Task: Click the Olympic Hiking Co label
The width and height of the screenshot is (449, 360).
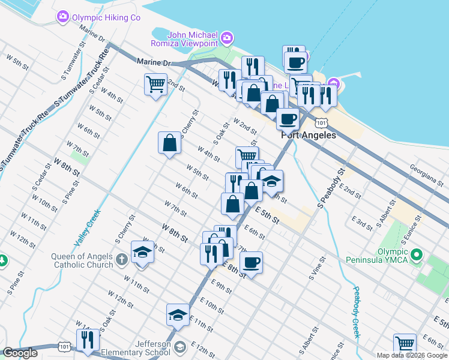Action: pyautogui.click(x=106, y=17)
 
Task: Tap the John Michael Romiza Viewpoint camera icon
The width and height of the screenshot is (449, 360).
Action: pyautogui.click(x=226, y=39)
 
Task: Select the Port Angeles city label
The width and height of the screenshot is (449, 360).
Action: pyautogui.click(x=309, y=136)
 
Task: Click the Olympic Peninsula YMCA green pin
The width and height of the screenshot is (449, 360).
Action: pyautogui.click(x=417, y=255)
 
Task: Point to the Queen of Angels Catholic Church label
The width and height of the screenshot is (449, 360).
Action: pyautogui.click(x=82, y=260)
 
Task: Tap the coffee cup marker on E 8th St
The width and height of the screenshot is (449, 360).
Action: pyautogui.click(x=251, y=262)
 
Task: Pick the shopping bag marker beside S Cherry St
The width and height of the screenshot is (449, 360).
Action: pyautogui.click(x=169, y=143)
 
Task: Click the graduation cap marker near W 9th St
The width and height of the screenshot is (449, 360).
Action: pyautogui.click(x=143, y=251)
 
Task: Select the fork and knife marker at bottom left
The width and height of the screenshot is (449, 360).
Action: pyautogui.click(x=88, y=340)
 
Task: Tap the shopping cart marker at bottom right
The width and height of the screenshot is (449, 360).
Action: pyautogui.click(x=405, y=344)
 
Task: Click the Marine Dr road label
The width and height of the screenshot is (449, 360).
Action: pyautogui.click(x=154, y=62)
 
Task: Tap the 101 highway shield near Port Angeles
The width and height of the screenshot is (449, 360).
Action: pyautogui.click(x=322, y=123)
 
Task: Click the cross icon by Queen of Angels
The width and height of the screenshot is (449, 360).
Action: pyautogui.click(x=121, y=260)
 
